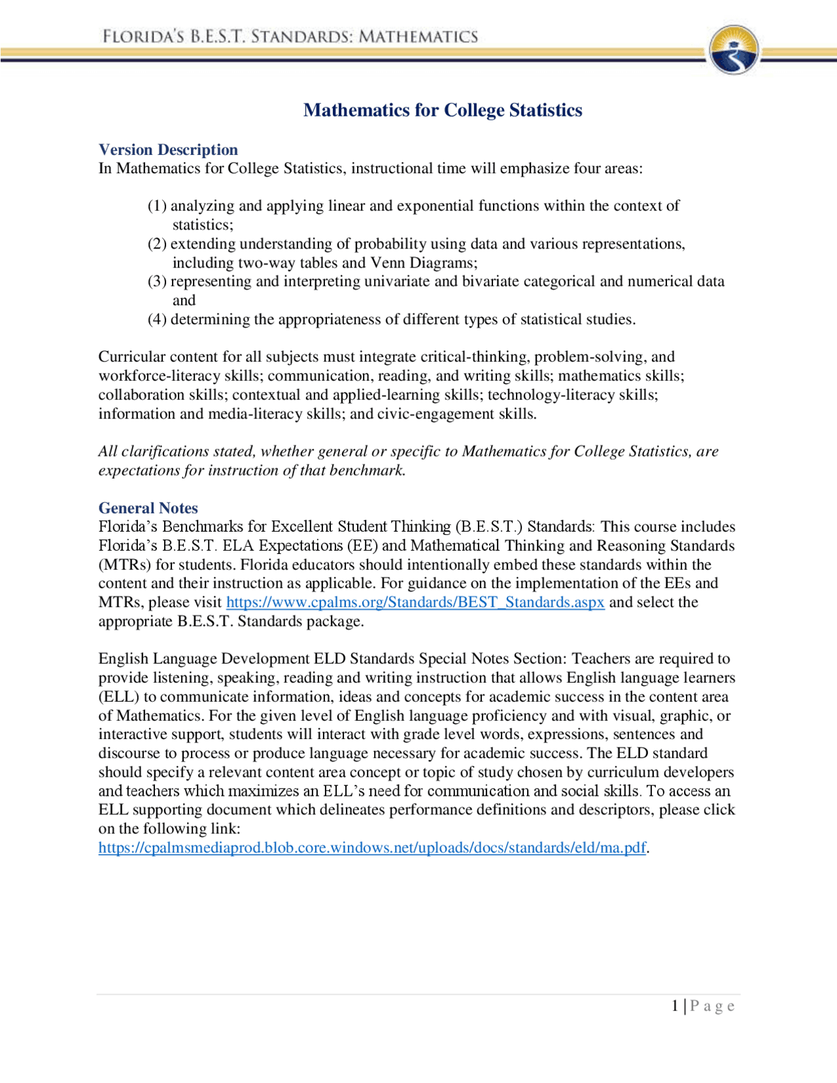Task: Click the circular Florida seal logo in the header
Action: click(x=734, y=50)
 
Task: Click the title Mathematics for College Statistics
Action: click(x=443, y=110)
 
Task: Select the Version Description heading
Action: click(x=168, y=150)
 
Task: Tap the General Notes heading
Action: click(x=148, y=508)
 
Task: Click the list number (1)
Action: click(x=157, y=206)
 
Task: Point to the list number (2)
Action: click(x=157, y=244)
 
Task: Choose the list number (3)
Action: click(x=157, y=282)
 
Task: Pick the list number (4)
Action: click(x=157, y=320)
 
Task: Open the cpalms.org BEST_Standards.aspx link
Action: click(x=415, y=602)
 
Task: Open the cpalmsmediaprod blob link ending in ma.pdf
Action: click(x=372, y=848)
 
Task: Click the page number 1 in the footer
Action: click(x=675, y=1006)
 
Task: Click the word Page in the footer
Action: click(x=712, y=1006)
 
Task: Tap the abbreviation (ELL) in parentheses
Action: click(x=118, y=697)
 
